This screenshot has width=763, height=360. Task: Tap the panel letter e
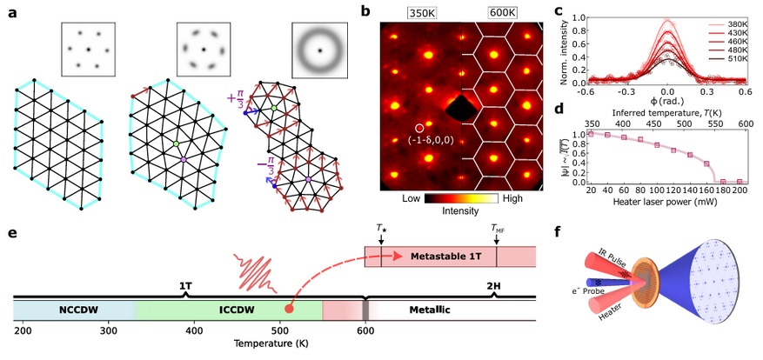[10, 234]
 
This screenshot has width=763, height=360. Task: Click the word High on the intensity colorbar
[512, 199]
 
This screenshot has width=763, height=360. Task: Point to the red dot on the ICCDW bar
[289, 308]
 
